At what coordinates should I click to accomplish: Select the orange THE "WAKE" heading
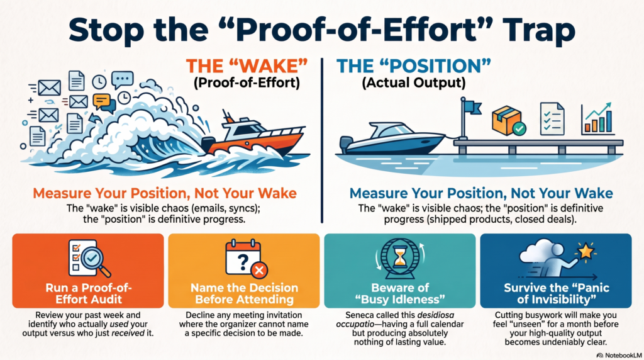tap(247, 66)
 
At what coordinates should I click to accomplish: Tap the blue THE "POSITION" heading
tap(414, 66)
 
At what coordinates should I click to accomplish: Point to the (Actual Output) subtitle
tap(414, 83)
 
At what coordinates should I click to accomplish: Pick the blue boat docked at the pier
tap(392, 138)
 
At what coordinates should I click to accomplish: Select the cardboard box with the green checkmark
tap(509, 121)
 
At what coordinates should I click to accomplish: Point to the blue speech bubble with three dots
tap(123, 79)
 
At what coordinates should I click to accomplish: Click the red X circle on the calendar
tap(259, 270)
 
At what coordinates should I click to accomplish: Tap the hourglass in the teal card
tap(399, 258)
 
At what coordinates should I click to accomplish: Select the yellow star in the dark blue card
tap(586, 251)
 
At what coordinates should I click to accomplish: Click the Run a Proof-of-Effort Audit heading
tap(89, 293)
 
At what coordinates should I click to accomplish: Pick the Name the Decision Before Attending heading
tap(245, 293)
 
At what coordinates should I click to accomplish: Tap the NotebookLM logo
tap(619, 355)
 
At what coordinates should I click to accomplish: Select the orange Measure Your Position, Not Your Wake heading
tap(165, 193)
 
